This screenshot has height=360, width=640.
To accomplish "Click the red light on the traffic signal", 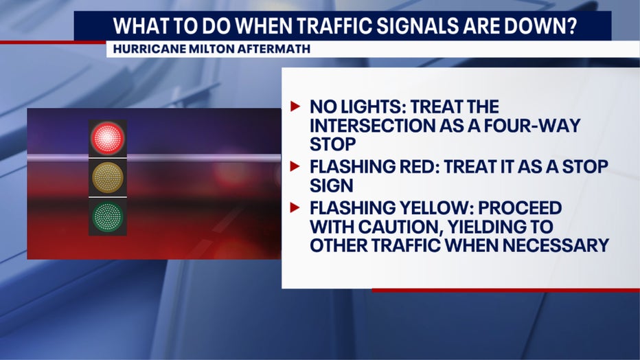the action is click(x=107, y=138).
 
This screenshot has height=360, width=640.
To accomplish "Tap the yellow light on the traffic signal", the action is click(x=107, y=177).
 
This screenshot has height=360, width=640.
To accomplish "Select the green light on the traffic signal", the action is click(x=107, y=216).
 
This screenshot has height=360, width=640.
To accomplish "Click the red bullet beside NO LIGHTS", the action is click(x=295, y=106).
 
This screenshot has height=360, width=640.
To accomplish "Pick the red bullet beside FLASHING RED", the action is click(x=295, y=166).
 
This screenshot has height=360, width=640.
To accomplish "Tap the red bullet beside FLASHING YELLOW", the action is click(x=295, y=207).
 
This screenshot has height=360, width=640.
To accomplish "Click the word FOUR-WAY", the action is click(x=532, y=125).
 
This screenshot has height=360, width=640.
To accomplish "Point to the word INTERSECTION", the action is click(x=372, y=125).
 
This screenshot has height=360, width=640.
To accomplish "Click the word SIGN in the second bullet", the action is click(x=332, y=185).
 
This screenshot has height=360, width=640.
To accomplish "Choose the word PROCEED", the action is click(x=520, y=207).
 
